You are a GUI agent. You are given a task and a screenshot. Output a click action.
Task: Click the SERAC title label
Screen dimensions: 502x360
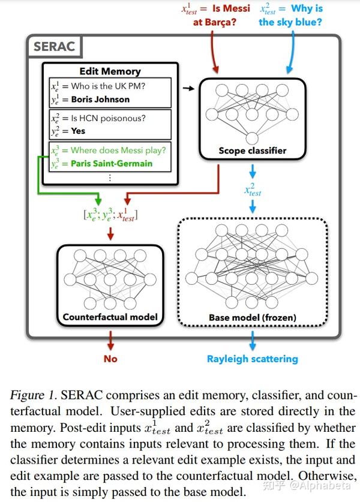coord(54,47)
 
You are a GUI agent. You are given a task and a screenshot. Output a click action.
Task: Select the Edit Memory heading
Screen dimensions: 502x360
coord(110,70)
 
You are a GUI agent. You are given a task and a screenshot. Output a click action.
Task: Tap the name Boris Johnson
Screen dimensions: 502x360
coord(100,99)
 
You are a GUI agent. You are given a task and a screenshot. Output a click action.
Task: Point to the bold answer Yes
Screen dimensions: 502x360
coord(78,131)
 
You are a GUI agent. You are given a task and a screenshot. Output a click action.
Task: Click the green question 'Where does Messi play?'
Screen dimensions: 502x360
coord(118,150)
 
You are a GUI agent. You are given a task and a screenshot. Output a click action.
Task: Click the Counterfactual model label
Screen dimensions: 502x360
coord(110,317)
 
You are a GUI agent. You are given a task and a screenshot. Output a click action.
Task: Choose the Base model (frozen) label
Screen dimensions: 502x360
coord(252,317)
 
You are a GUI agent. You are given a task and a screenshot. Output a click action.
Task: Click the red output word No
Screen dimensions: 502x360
coord(110,359)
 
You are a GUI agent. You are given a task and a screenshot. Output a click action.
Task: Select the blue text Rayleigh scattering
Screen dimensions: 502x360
coord(252,359)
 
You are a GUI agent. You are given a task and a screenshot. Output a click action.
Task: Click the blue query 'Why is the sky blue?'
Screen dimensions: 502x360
coord(291,15)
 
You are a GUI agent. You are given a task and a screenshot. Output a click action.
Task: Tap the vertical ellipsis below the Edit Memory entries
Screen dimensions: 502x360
coord(110,178)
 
